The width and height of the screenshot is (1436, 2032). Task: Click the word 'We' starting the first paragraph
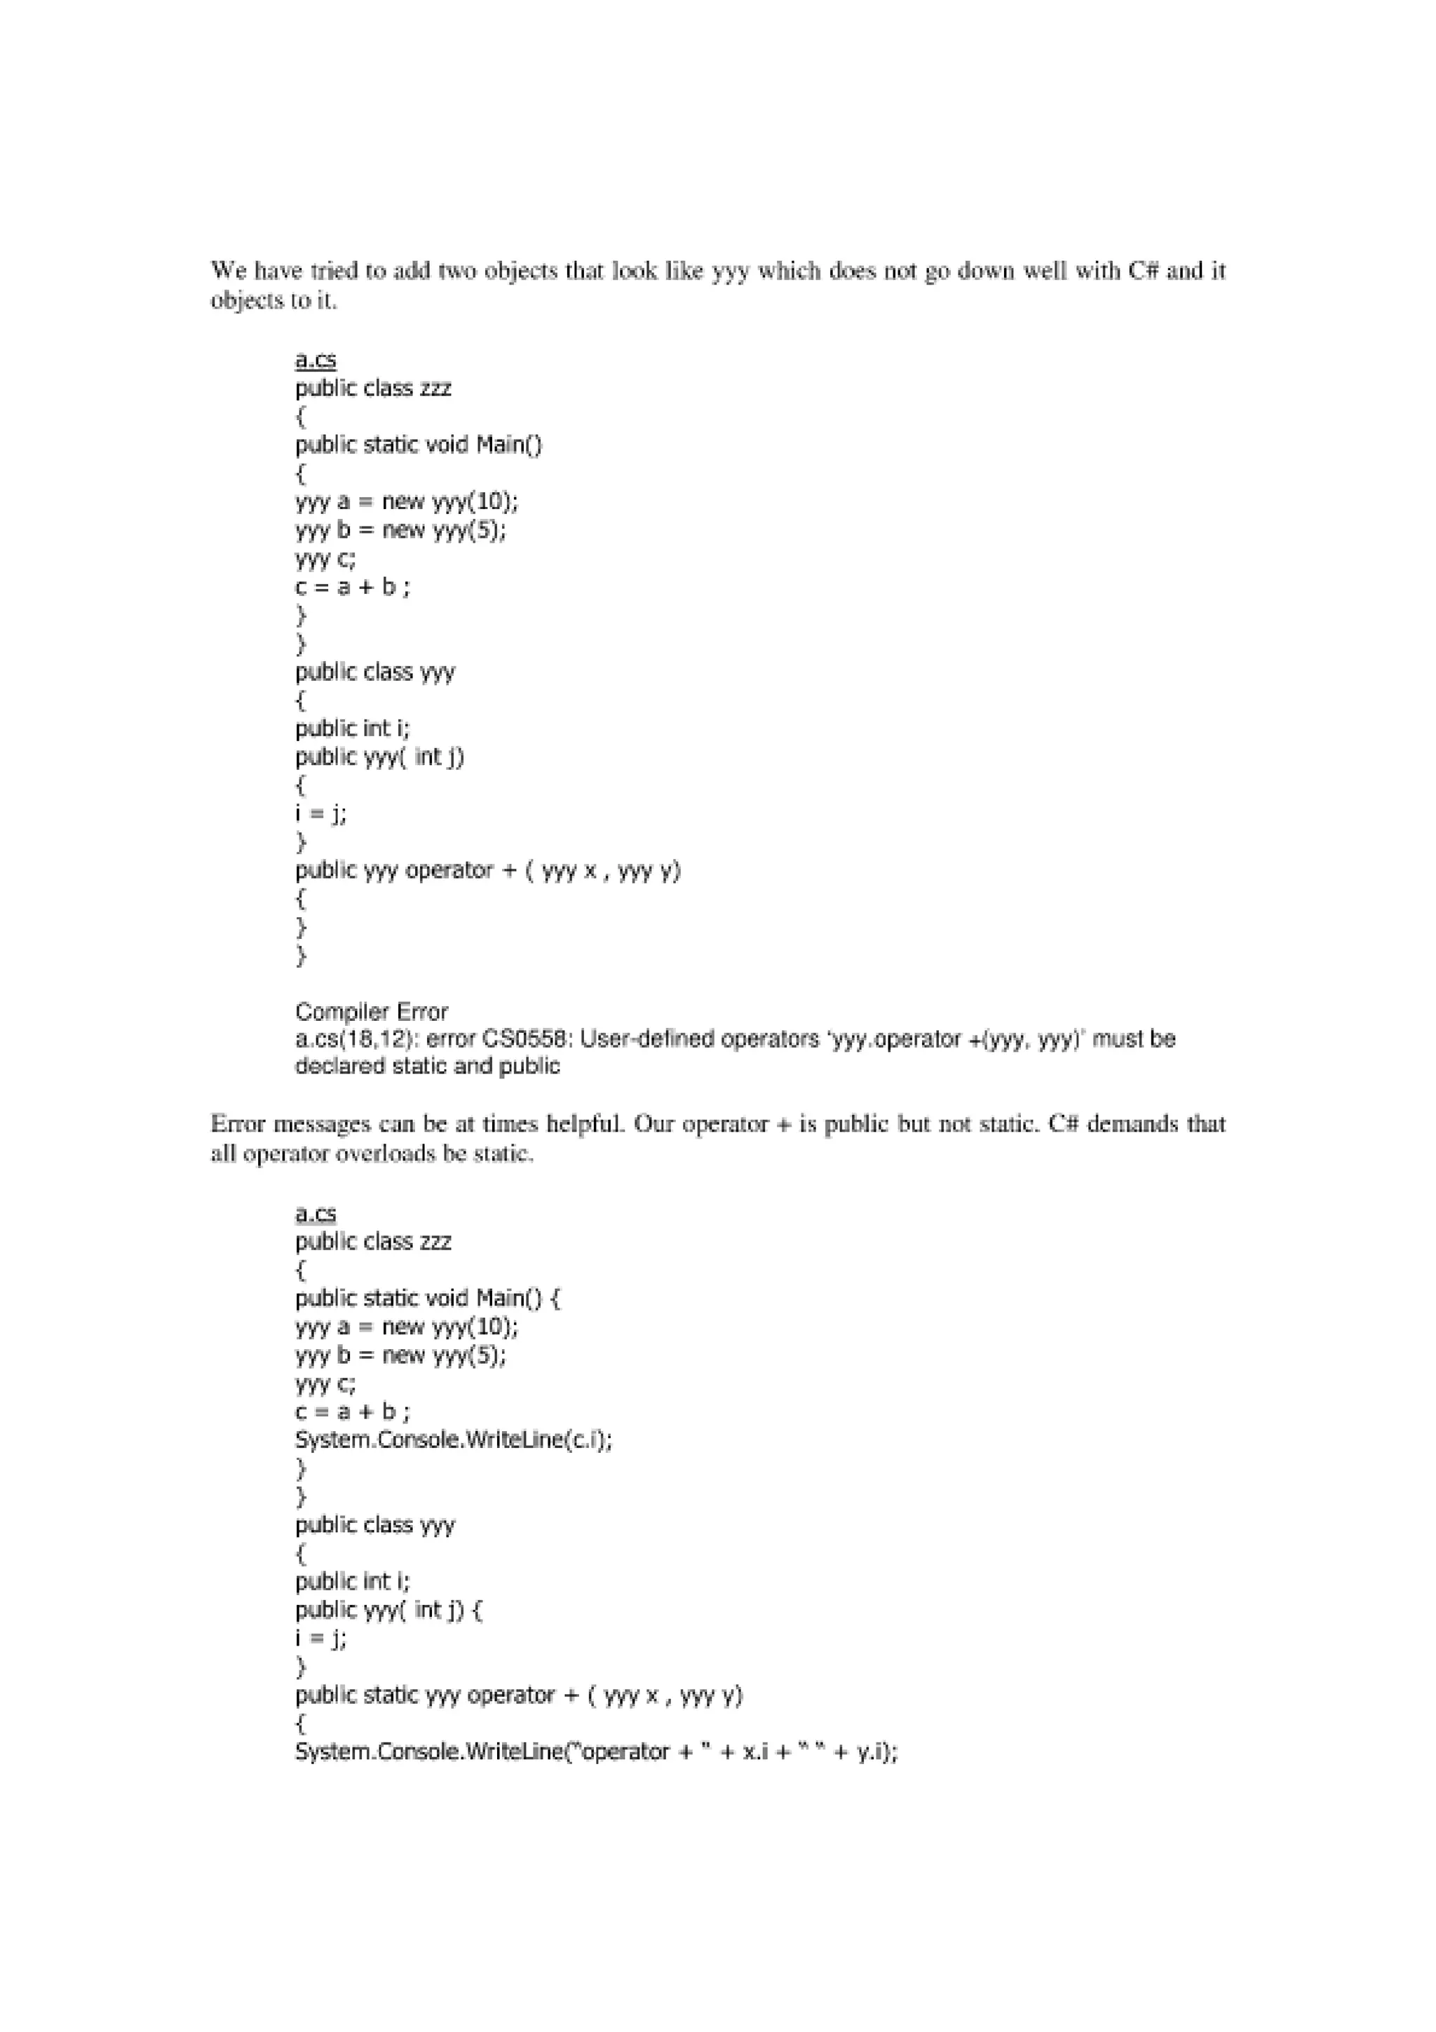[x=229, y=271]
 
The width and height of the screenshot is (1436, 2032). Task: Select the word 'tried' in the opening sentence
[x=334, y=271]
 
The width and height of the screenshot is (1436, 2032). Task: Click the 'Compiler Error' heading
[x=372, y=1012]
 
